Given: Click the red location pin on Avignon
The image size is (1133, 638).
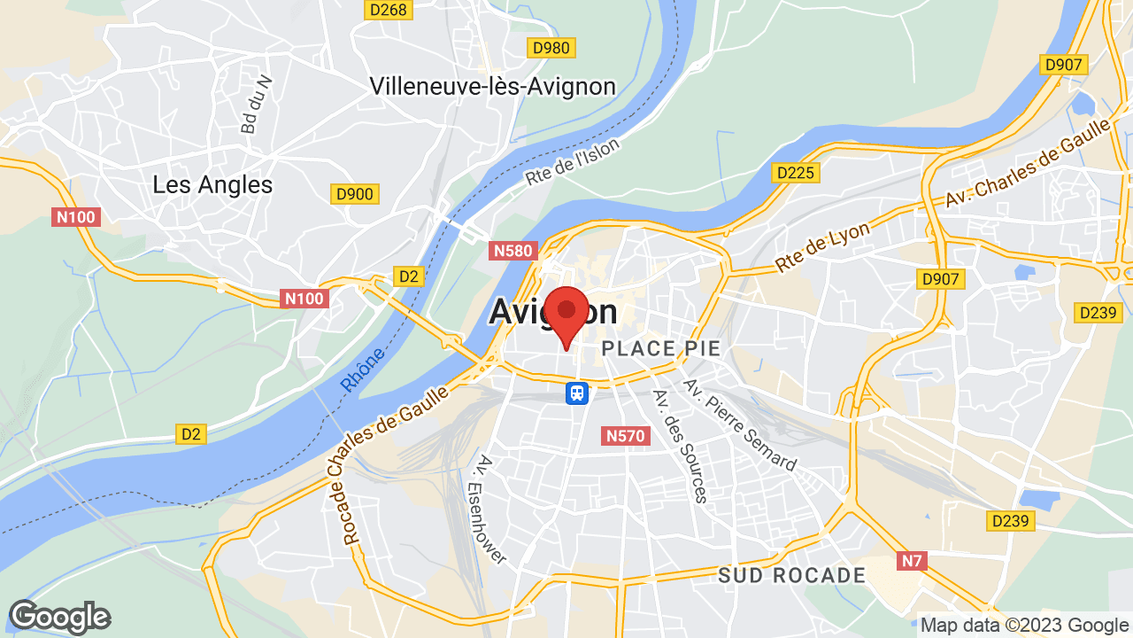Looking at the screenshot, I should point(566,313).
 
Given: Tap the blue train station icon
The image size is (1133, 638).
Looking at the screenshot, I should point(577,392).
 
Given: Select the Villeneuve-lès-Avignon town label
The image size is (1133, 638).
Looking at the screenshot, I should point(492,86).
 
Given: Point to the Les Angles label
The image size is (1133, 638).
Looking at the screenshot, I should point(212,184).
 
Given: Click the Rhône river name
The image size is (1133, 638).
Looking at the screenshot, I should point(363,370).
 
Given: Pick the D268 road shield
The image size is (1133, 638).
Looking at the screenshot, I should point(388,10).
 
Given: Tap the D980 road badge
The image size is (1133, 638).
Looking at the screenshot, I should point(550,48).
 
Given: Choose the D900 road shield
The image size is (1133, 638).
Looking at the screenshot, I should point(355,194).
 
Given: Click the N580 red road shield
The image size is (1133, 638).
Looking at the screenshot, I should point(513,251).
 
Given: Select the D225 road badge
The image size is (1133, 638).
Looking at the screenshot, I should point(794,173).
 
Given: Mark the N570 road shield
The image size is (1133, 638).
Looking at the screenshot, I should point(627,435).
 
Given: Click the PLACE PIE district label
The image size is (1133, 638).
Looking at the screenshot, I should point(661,348).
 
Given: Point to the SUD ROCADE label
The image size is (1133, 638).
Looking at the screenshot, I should point(791,575).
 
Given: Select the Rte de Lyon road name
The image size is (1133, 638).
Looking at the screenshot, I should point(822,246).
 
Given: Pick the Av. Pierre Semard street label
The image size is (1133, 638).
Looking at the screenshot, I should point(740,424).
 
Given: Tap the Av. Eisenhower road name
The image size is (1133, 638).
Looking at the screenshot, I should point(492,509).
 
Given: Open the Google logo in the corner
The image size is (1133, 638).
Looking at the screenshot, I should point(59,617).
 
